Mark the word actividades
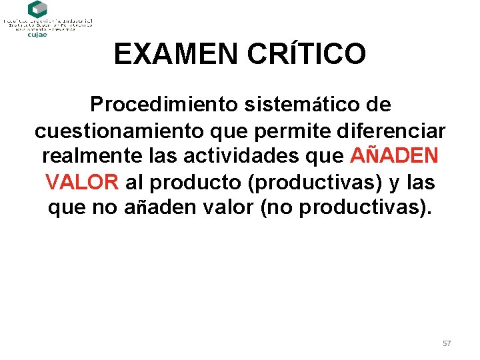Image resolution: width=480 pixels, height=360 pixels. [x=242, y=157]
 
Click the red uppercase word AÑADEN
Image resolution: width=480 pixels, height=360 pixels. [x=394, y=157]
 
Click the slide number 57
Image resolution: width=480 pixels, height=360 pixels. [x=447, y=343]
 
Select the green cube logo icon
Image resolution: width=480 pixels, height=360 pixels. [x=37, y=9]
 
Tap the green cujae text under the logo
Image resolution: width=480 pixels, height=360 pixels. [x=37, y=35]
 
